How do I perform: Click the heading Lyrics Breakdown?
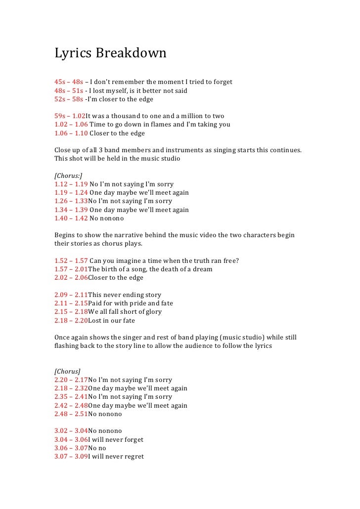coord(110,53)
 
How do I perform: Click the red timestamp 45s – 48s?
coord(69,82)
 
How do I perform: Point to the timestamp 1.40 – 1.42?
coord(71,218)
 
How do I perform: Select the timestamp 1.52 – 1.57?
coord(71,261)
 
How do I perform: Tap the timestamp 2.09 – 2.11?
coord(71,295)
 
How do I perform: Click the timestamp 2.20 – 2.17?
coord(71,380)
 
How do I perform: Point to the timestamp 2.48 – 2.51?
coord(71,414)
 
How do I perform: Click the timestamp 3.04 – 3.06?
coord(71,439)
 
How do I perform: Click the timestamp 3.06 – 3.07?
coord(71,448)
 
